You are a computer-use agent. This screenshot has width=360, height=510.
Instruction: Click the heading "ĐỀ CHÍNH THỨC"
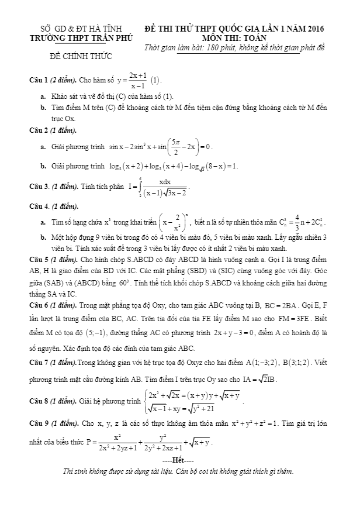coord(81,56)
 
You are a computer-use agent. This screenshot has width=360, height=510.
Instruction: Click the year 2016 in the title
coord(314,28)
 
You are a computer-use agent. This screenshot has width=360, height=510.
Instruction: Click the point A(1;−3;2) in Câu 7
coord(262,363)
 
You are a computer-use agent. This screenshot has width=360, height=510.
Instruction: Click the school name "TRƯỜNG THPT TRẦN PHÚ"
coord(81,37)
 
